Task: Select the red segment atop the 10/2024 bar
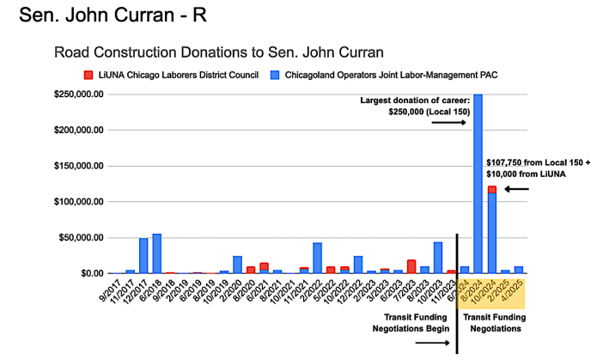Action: point(492,189)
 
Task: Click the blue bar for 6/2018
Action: point(156,253)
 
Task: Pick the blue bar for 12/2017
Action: point(143,255)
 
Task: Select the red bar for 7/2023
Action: point(411,266)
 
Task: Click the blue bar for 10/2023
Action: point(438,258)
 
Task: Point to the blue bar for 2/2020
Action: point(237,265)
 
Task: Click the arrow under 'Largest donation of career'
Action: point(448,122)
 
